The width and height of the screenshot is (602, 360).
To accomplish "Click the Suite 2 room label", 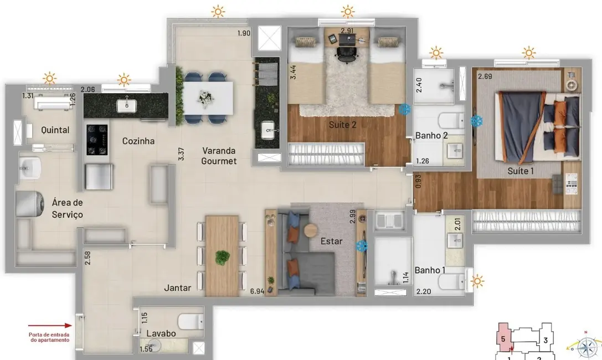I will click(x=342, y=125).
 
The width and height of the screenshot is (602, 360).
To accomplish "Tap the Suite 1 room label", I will click(x=521, y=171).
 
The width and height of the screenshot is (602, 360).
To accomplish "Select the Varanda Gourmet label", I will click(x=219, y=156).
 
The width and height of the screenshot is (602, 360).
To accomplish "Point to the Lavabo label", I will click(x=161, y=333).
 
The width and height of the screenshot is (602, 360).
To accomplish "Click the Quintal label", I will click(x=55, y=130).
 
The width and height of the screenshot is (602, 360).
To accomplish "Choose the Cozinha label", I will click(x=138, y=141).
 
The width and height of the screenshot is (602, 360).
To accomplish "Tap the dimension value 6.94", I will click(x=256, y=291).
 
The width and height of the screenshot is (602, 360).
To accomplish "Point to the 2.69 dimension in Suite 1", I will click(x=485, y=76).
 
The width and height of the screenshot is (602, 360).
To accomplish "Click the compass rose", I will click(x=586, y=347).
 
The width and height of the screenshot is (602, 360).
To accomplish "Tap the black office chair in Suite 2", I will click(x=346, y=53).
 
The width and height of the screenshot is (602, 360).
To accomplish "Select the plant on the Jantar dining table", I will click(x=223, y=257).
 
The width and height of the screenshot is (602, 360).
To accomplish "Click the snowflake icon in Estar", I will click(x=362, y=245).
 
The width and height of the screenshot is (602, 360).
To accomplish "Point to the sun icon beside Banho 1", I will click(x=477, y=282).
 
